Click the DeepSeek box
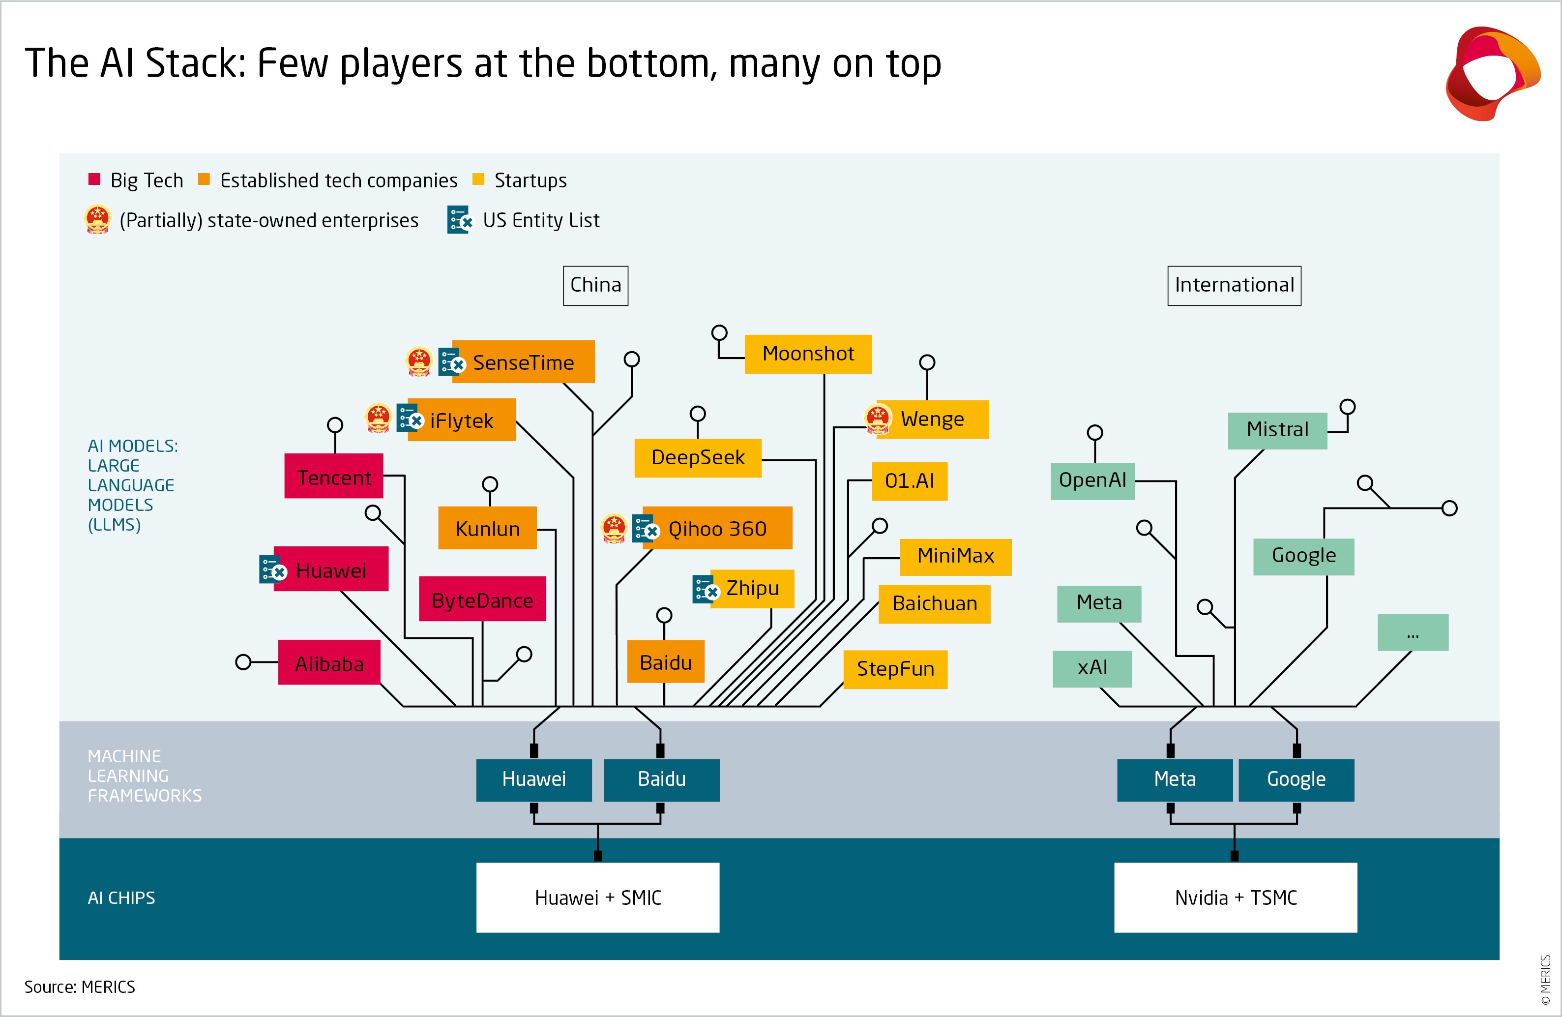pos(697,458)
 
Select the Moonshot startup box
pos(807,354)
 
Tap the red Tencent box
pos(333,476)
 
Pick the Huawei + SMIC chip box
pos(597,897)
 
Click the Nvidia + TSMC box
pos(1235,897)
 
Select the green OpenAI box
pos(1092,480)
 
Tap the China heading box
pos(595,285)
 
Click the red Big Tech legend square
pos(94,179)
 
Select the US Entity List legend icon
pos(459,220)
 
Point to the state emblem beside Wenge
pos(878,418)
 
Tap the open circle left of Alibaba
pos(243,662)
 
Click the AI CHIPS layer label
pos(121,897)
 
